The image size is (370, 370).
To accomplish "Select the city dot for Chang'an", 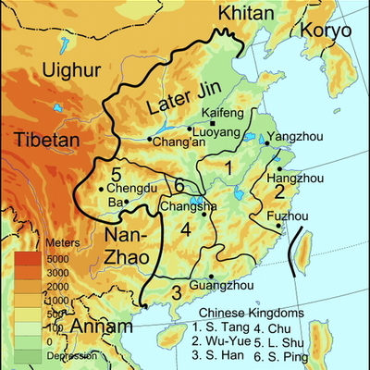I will (x=149, y=140).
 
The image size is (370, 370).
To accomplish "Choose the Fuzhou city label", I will (x=287, y=215).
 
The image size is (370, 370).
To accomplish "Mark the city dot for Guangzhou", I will (x=211, y=277).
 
